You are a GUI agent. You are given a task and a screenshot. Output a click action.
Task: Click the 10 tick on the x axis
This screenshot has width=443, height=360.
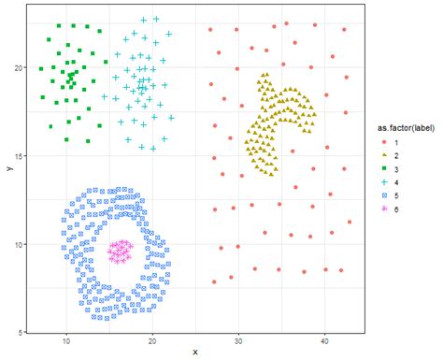pos(66,340)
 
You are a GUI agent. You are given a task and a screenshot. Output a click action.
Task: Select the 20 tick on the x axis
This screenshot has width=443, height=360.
pos(152,340)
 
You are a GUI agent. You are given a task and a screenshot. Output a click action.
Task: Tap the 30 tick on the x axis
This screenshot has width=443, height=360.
pos(238,340)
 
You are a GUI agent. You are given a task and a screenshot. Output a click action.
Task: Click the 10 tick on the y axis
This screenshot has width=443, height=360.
pos(21,244)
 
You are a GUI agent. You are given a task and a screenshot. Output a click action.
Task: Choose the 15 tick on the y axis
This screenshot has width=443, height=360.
pos(21,156)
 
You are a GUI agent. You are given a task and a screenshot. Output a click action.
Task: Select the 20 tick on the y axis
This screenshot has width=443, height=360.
pos(21,68)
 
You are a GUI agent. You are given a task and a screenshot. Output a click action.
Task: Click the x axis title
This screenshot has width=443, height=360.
pos(195,353)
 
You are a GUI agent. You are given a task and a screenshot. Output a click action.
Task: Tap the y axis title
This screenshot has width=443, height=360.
pos(7,169)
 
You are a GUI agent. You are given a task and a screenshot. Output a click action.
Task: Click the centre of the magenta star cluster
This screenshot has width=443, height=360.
pos(120,251)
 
